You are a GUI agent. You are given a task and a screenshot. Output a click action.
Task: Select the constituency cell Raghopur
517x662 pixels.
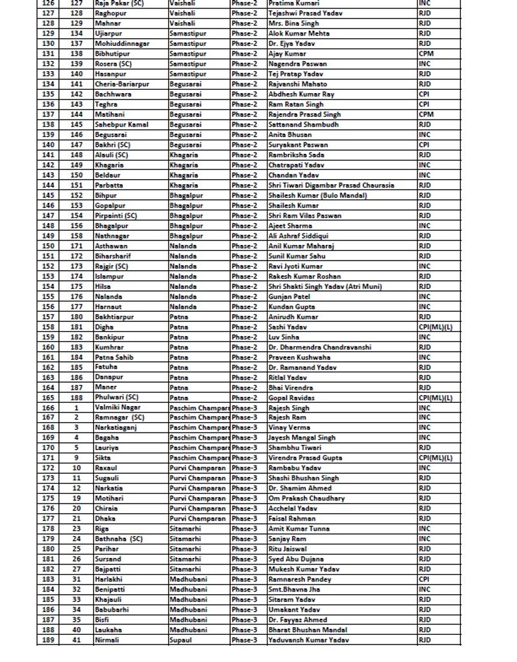(111, 13)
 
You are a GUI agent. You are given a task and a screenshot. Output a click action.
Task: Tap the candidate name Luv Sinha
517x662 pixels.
(284, 337)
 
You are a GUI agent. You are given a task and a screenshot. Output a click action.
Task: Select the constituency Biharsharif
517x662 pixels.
(113, 256)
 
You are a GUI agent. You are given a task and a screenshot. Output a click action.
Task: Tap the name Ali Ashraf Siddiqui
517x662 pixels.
(298, 236)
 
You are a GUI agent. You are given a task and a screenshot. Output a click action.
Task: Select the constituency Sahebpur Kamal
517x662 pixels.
(121, 124)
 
